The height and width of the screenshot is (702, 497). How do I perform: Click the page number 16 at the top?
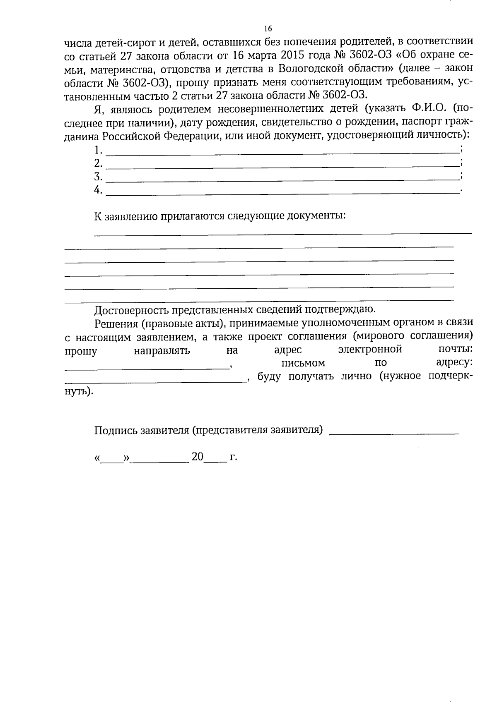click(x=268, y=29)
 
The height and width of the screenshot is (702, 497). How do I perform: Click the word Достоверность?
click(x=132, y=310)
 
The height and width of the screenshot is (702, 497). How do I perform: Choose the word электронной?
click(x=370, y=350)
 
